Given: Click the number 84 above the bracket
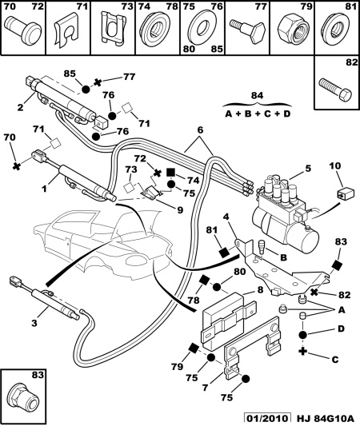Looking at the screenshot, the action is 257,95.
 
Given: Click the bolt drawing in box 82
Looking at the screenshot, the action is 336,88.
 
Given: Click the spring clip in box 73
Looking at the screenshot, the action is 113,27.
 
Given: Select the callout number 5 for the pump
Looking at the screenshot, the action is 308,169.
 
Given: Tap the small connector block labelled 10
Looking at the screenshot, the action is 346,193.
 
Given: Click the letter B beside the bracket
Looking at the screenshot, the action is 283,257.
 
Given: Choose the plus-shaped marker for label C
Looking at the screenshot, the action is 302,352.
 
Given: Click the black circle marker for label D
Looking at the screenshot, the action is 303,335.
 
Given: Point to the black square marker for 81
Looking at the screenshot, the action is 225,253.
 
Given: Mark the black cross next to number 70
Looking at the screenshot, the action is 17,166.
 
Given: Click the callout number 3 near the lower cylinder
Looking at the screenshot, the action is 34,324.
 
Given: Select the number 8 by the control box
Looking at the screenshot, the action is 260,290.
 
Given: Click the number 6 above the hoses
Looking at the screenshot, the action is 200,130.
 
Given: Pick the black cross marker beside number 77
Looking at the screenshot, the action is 98,82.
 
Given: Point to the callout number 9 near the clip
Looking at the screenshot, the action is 180,210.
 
